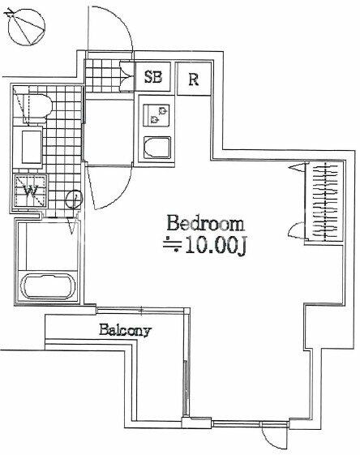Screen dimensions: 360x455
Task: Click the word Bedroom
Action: pos(205,223)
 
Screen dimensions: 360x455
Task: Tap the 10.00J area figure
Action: pos(216,246)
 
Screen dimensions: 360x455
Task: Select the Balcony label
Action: pos(126,330)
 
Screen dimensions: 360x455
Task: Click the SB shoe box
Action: pos(153,77)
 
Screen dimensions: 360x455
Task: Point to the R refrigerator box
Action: pos(194,79)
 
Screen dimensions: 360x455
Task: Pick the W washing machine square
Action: pos(30,191)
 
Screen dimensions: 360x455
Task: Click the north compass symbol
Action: pos(27,27)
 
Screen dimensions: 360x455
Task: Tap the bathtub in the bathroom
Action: pos(48,287)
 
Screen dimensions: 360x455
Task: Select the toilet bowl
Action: pos(36,106)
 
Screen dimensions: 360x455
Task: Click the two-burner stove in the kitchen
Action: pos(156,115)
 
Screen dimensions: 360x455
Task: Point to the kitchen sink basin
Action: pos(156,148)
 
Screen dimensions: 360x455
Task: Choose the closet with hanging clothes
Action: pos(325,201)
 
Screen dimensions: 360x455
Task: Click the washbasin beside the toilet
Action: pos(32,147)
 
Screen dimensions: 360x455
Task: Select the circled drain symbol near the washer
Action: pos(75,199)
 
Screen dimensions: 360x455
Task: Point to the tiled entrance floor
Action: pos(103,75)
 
